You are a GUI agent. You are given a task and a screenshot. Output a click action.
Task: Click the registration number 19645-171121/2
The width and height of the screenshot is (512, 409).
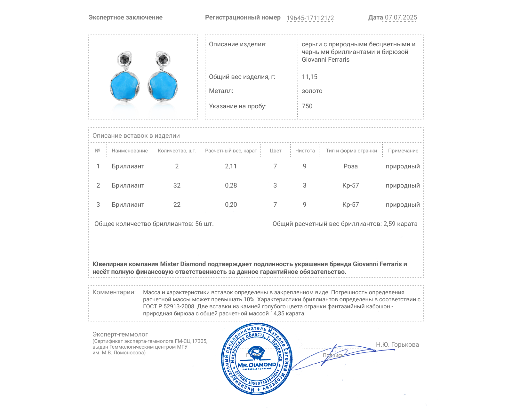pos(310,18)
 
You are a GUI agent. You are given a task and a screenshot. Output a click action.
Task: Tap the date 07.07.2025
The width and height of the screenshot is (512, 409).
pos(401,18)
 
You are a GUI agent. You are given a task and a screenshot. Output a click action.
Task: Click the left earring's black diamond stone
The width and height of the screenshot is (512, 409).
pos(124,59)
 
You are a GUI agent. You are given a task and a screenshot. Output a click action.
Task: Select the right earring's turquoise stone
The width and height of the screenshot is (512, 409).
pos(163,86)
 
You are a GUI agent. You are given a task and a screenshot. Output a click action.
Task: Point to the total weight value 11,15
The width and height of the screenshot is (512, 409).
pos(309,77)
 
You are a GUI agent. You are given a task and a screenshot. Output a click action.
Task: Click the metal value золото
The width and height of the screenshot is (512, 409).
pos(312,91)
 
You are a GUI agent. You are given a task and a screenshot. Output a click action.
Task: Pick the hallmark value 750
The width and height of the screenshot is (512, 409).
pos(307,106)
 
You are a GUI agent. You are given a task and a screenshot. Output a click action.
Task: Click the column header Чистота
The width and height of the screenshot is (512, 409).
pos(305,151)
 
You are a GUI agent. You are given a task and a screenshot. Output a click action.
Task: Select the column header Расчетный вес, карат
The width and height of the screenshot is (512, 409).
pos(231,151)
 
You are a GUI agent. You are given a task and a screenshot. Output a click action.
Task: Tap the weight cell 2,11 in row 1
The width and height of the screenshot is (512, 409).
pos(231,166)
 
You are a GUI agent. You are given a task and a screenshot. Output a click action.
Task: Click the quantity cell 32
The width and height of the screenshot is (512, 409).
pos(177,185)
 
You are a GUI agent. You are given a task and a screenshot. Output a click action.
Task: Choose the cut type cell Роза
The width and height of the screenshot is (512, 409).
pos(350,166)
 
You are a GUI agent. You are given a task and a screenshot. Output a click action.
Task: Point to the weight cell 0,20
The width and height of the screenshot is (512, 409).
pos(231,204)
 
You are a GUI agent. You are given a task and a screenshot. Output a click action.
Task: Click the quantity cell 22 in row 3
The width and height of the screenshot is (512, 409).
pos(177,204)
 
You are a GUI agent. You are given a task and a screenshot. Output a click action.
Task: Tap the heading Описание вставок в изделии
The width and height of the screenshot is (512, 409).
pos(136,135)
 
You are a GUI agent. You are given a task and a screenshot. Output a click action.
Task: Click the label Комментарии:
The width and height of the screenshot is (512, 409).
pos(114,292)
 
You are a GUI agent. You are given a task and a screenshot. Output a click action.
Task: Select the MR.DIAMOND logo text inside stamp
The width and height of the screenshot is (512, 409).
pos(257,365)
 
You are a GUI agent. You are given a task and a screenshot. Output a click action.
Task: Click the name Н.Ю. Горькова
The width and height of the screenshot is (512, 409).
pos(397,344)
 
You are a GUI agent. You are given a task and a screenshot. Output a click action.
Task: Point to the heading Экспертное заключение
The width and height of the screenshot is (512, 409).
pos(125,18)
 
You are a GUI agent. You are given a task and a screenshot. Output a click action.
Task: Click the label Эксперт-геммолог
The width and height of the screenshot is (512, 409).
pos(120,334)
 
